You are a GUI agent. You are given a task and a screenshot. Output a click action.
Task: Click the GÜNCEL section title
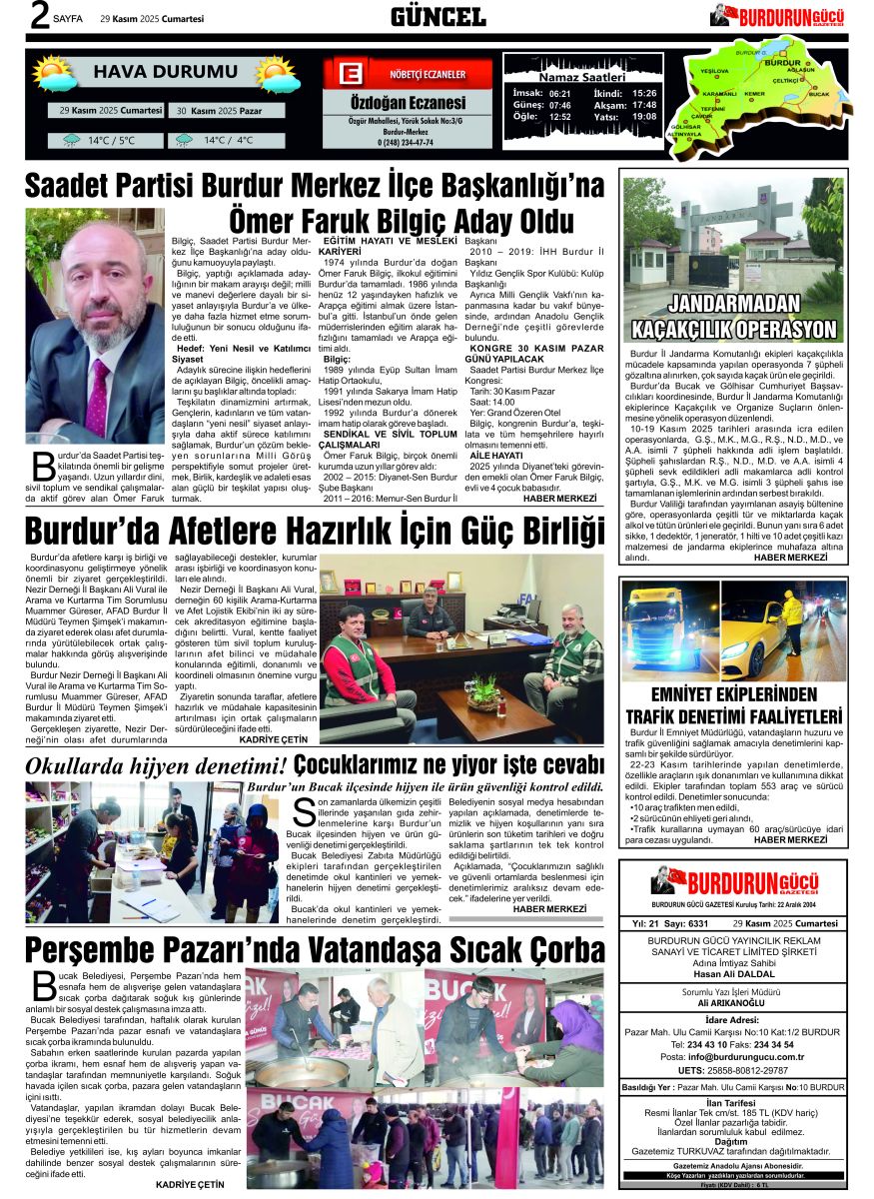tap(437, 16)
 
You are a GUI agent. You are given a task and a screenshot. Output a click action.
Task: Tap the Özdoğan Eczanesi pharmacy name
tap(407, 103)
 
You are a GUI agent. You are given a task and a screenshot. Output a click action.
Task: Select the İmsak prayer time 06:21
tap(559, 92)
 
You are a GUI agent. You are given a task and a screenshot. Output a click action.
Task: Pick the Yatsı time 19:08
tap(644, 116)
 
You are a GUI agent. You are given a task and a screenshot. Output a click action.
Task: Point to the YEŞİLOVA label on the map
tap(714, 72)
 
